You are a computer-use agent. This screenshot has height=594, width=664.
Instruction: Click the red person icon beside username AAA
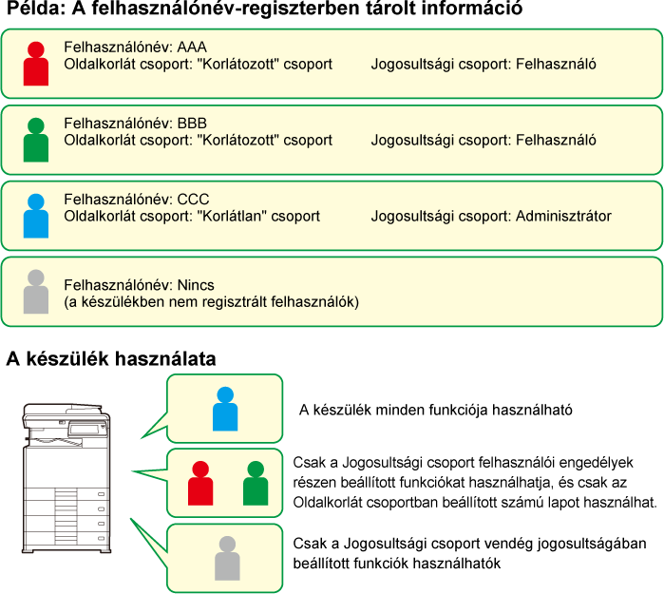tap(35, 65)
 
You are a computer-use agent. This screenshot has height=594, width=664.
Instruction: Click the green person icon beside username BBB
tap(35, 141)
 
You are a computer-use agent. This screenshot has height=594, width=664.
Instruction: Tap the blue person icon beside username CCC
tap(35, 216)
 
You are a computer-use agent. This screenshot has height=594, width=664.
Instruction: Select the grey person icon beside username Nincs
tap(35, 292)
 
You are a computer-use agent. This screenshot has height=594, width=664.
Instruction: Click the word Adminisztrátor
tap(563, 217)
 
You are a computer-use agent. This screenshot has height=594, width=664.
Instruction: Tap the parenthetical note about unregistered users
tap(211, 302)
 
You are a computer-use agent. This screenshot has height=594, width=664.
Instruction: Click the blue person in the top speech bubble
tap(225, 409)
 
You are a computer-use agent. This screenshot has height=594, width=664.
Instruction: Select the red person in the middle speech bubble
tap(200, 484)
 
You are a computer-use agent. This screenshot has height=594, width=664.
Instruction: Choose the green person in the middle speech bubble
tap(256, 484)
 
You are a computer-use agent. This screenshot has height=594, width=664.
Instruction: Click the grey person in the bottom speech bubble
tap(227, 558)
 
